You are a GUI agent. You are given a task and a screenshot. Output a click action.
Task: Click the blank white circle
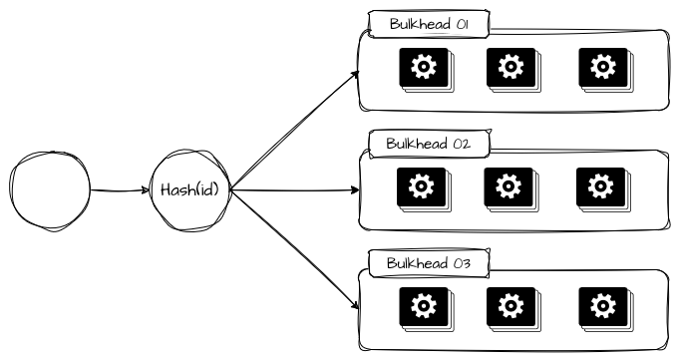click(x=51, y=189)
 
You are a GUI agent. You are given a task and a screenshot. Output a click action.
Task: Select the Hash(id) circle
click(x=189, y=189)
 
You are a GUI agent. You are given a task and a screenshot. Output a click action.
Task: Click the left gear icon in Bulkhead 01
click(x=425, y=67)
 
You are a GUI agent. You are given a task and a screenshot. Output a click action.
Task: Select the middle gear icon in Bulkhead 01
click(x=511, y=67)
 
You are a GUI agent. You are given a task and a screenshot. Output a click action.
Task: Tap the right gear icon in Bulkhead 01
click(x=602, y=67)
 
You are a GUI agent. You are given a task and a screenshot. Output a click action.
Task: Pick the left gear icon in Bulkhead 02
click(x=422, y=186)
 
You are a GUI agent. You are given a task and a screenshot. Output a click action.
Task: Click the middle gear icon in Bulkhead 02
click(x=509, y=186)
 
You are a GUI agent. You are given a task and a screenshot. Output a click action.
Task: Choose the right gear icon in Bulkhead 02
click(x=600, y=186)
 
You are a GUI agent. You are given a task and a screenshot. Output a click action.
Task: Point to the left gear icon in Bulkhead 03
click(x=423, y=305)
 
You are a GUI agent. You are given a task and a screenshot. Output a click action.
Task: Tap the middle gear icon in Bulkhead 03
click(x=510, y=305)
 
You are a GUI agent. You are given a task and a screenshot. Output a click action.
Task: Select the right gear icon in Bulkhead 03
click(x=601, y=305)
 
